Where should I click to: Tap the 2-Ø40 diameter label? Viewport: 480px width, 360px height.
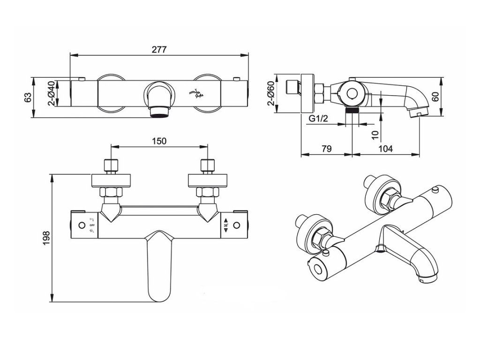[52, 93]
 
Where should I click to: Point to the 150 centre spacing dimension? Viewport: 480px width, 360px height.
[159, 141]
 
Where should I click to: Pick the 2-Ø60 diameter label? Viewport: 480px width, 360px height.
[270, 93]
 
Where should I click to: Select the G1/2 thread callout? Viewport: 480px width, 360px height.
[318, 119]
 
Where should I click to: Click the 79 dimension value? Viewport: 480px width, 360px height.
[327, 149]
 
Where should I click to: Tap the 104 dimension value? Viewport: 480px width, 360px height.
[385, 149]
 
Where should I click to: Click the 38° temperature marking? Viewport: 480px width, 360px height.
[226, 225]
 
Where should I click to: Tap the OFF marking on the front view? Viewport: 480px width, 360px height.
[92, 225]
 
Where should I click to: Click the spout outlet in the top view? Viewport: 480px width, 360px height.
[159, 112]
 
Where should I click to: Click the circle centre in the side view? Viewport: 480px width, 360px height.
[351, 94]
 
